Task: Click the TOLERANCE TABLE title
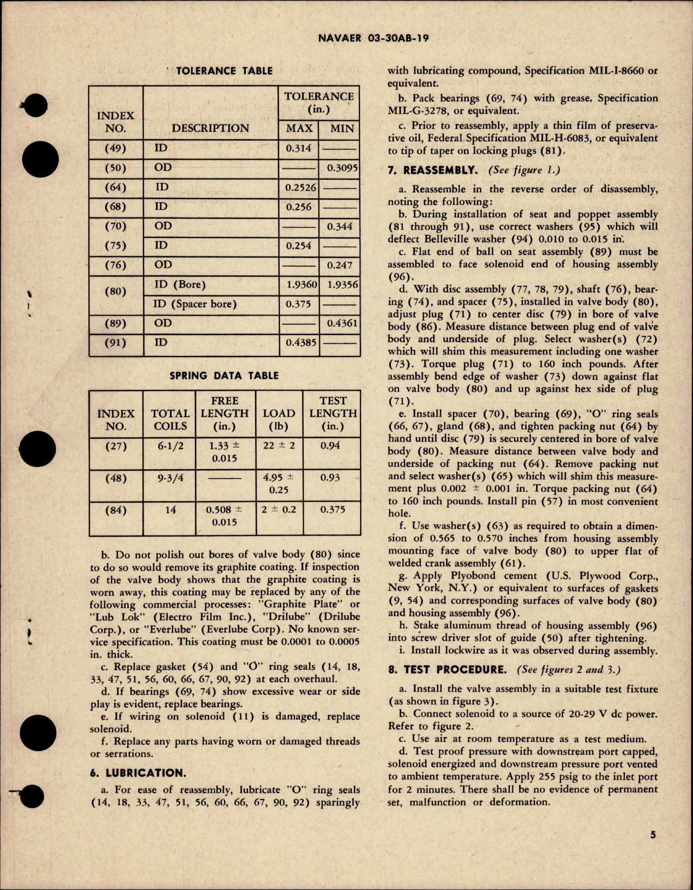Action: pyautogui.click(x=224, y=71)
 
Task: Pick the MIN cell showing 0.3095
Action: pyautogui.click(x=342, y=168)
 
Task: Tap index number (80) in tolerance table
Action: pyautogui.click(x=115, y=292)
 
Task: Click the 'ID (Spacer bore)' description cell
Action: pyautogui.click(x=195, y=304)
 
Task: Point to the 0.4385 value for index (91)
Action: pyautogui.click(x=301, y=343)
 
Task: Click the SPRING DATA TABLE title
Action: pyautogui.click(x=224, y=375)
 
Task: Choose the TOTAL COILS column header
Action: pyautogui.click(x=170, y=420)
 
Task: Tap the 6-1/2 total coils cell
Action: pyautogui.click(x=170, y=446)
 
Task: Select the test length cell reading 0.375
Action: pyautogui.click(x=332, y=510)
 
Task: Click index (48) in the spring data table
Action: pyautogui.click(x=115, y=478)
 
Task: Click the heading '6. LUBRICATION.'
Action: pyautogui.click(x=138, y=773)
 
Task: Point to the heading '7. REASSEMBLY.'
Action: pyautogui.click(x=433, y=170)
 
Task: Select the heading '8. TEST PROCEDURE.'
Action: pyautogui.click(x=447, y=670)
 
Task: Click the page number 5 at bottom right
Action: pyautogui.click(x=652, y=850)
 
